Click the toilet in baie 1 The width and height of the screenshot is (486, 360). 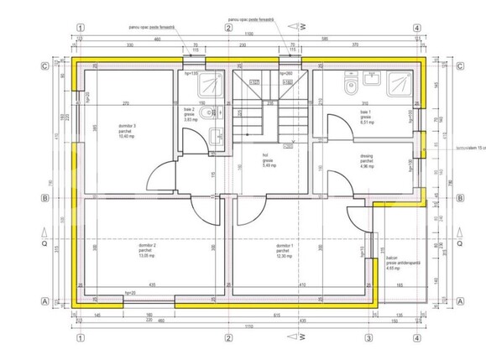[353, 86]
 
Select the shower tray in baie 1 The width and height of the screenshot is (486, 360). [401, 85]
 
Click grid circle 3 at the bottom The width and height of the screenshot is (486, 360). [368, 338]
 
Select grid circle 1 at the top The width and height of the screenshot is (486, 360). [80, 27]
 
